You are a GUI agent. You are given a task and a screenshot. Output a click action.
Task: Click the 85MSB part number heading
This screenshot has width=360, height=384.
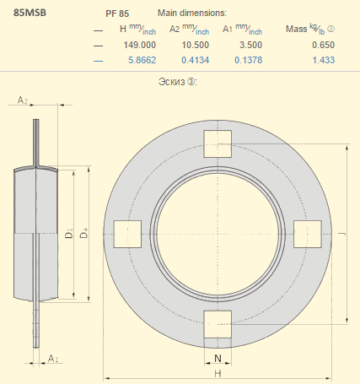tap(30, 13)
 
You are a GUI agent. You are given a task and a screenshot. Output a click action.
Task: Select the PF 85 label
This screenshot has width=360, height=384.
tap(117, 14)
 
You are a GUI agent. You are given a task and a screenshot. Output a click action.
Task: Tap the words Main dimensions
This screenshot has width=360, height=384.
tap(192, 13)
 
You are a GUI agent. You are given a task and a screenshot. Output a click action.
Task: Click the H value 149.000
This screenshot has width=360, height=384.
tap(140, 45)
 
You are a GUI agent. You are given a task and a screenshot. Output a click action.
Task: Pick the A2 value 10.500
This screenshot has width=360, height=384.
tap(196, 45)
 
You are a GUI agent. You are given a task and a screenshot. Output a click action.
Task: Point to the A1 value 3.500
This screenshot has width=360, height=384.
tap(250, 45)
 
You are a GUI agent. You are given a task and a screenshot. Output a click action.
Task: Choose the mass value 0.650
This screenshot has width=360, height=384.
tap(323, 45)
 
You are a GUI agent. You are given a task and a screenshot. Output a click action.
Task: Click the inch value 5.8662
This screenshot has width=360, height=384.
tap(142, 60)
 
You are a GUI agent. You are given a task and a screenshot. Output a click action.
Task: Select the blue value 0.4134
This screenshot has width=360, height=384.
tap(196, 60)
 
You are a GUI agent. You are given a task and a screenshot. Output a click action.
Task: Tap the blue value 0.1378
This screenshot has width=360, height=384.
tap(249, 60)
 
